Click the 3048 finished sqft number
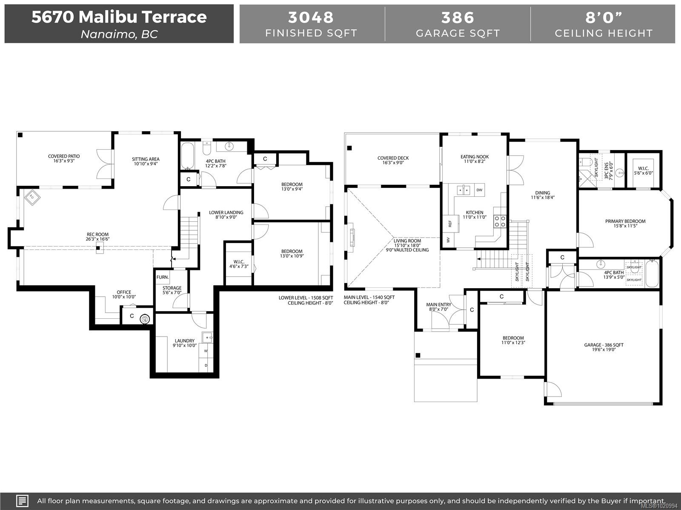pos(311,17)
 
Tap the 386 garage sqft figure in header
pos(458,17)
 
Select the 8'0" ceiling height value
pos(604,17)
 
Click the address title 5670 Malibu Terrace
pos(119,17)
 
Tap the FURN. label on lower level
pos(163,277)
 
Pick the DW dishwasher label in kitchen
pos(479,190)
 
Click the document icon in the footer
pos(22,501)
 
